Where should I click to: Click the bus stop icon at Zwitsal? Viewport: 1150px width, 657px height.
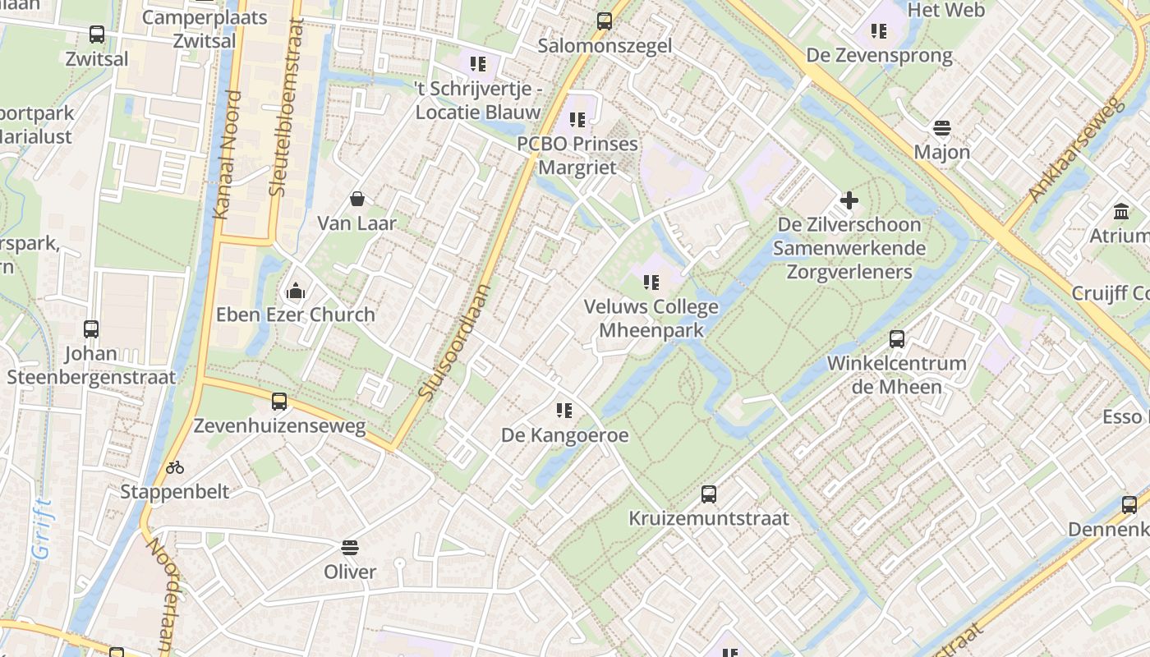click(97, 34)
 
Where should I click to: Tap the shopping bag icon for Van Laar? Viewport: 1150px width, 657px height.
click(357, 199)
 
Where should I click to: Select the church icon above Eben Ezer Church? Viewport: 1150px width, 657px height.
click(296, 291)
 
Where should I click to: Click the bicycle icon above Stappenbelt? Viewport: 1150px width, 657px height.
click(175, 467)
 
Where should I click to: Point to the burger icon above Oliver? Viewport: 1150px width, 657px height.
click(350, 548)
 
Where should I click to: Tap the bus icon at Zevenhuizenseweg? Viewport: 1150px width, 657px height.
click(279, 402)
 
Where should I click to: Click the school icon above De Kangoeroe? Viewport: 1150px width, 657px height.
click(563, 410)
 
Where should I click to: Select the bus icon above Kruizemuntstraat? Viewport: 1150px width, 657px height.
click(709, 494)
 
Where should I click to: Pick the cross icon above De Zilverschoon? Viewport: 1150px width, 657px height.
click(849, 200)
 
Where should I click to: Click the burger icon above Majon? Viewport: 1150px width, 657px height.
click(941, 128)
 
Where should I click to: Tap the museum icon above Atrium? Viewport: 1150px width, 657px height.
click(1121, 212)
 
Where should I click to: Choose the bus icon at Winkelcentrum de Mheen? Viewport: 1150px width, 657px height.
click(897, 339)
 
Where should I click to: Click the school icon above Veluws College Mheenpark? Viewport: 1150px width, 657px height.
click(651, 283)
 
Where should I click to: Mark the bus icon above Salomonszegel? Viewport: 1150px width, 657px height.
click(605, 21)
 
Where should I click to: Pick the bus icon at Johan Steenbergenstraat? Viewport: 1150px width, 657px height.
click(91, 329)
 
